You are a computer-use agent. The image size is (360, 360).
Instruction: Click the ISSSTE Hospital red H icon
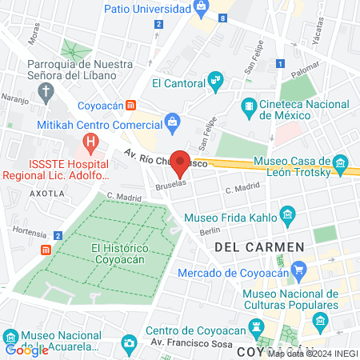pos(91,145)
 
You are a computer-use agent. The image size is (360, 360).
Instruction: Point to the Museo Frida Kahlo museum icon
pos(288,216)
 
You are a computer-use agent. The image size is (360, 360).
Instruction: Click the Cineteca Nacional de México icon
pos(249,105)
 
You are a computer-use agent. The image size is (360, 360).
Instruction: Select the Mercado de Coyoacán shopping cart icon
pos(298,269)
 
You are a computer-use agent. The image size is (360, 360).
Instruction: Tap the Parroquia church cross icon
pos(47,90)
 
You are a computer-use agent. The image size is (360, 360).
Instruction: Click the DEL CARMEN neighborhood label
pos(259,247)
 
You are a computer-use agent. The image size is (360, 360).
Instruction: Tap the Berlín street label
pos(210,230)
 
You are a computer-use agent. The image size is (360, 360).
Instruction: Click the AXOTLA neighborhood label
pos(47,194)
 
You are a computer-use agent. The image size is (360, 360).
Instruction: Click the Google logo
pos(26,350)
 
